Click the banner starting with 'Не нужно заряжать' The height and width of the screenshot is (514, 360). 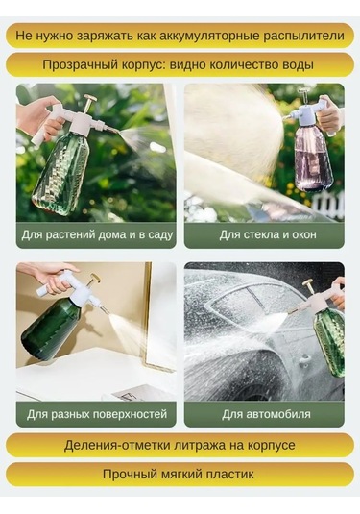(180, 36)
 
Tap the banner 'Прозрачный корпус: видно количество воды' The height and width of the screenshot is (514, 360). (180, 65)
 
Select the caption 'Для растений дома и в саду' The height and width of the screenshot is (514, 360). (96, 234)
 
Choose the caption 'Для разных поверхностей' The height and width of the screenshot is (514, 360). (96, 414)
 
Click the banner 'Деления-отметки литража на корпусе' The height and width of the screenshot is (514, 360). (180, 445)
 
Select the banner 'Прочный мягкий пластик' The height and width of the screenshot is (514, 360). (180, 474)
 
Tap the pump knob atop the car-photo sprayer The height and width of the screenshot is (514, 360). (309, 284)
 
